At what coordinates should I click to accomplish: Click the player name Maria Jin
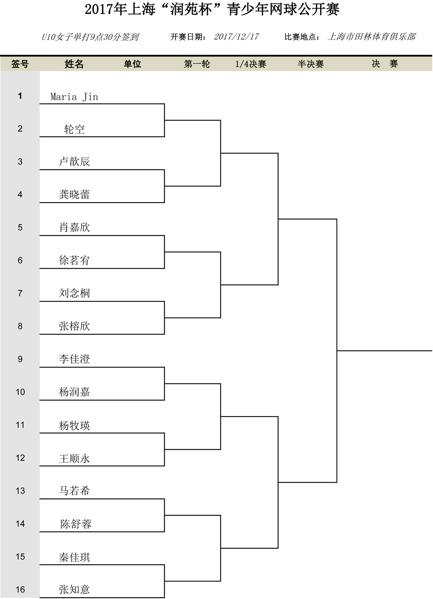[74, 97]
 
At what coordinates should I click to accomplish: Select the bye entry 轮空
[74, 129]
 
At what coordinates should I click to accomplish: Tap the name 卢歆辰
[74, 161]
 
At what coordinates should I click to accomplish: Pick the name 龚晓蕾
[74, 195]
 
